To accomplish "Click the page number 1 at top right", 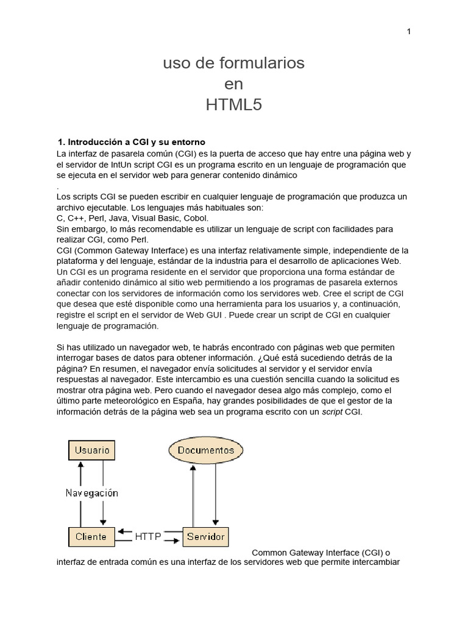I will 409,32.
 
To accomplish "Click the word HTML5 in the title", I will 233,105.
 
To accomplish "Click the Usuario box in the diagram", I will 92,450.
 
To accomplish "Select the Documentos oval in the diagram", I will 205,450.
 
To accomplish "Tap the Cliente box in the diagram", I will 91,537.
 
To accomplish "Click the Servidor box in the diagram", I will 205,537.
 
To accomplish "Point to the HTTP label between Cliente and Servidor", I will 148,537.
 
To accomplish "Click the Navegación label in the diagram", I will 92,493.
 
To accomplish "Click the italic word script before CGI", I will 332,412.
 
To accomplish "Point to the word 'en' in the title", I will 233,84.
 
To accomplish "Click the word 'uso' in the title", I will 174,63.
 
